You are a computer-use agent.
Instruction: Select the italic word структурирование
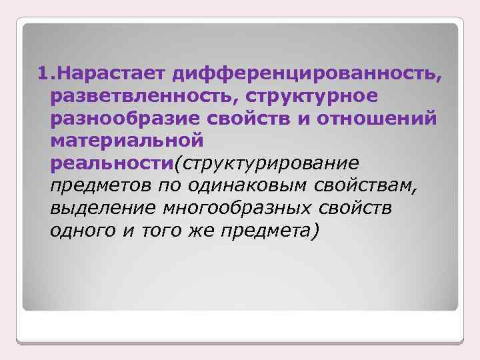pos(268,163)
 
